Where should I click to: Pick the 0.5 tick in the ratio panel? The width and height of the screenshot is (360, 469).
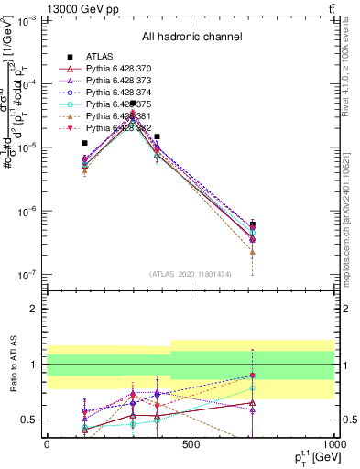click(29, 420)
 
